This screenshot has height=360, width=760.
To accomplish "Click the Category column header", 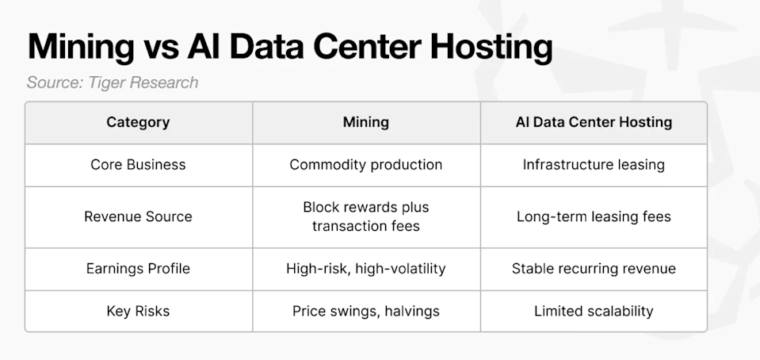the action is [138, 122].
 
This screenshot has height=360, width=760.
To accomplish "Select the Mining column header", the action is [366, 122].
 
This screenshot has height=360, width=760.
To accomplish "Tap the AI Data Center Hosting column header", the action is [594, 122].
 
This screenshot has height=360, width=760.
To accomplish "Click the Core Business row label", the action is [138, 165].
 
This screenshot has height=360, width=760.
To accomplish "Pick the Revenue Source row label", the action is [138, 216].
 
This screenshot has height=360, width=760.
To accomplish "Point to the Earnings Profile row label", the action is [138, 269].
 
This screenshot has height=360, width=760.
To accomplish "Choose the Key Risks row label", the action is [138, 311].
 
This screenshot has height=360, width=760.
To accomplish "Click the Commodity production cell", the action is [366, 165].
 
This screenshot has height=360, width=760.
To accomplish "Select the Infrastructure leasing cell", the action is [594, 165].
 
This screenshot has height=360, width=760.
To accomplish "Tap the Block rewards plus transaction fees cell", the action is [366, 216].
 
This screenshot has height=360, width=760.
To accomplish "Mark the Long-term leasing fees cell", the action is [594, 216].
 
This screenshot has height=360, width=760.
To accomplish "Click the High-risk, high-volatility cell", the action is [366, 269].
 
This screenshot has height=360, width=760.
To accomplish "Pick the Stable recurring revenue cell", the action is [594, 269].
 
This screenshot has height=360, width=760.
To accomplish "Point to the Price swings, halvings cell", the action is [366, 311].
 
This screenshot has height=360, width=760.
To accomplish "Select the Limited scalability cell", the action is [594, 311].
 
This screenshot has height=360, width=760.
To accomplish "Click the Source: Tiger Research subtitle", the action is [113, 82].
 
